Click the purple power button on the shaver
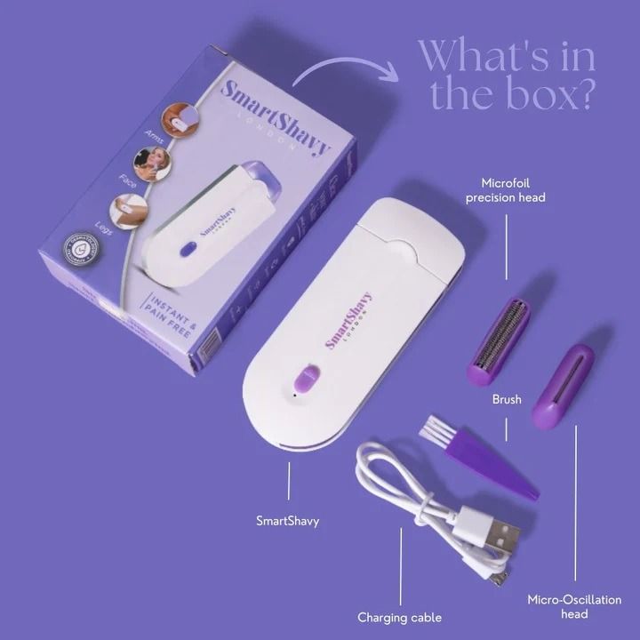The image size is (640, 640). [x=305, y=380]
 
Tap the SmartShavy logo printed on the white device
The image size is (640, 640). [x=348, y=321]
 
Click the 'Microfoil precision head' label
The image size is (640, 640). [x=505, y=189]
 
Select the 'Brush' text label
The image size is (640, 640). [x=507, y=400]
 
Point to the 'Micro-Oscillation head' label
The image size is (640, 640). [x=574, y=606]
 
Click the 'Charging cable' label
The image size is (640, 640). [x=399, y=617]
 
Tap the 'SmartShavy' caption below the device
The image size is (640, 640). [x=287, y=521]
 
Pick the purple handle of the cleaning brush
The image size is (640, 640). [x=493, y=466]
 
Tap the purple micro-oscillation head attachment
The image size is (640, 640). [x=563, y=385]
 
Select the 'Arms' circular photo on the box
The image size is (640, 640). [x=180, y=119]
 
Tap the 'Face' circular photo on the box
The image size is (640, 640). [x=151, y=164]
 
